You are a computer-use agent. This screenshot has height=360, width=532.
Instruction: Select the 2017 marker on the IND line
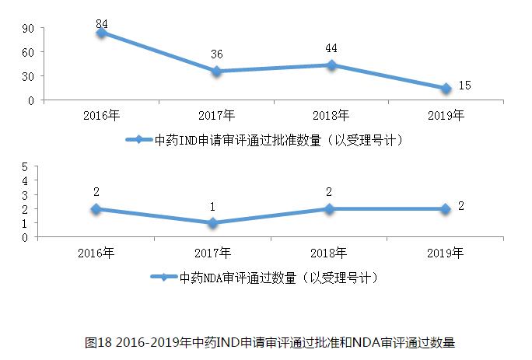(x=216, y=72)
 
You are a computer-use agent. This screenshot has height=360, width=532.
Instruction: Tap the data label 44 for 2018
(x=331, y=48)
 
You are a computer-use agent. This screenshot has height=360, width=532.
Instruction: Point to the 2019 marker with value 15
(x=446, y=89)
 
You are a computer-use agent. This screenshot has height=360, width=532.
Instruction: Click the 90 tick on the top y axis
(x=27, y=29)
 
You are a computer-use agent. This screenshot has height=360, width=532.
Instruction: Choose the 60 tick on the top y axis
(x=27, y=52)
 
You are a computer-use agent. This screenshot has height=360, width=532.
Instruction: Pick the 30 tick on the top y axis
(x=27, y=76)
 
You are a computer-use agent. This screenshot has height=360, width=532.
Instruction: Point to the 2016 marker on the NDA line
(x=96, y=208)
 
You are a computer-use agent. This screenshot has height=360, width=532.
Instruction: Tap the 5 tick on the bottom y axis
(x=26, y=166)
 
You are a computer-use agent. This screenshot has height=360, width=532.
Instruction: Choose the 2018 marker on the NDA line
(x=331, y=208)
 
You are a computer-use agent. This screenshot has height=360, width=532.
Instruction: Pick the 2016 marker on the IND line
(x=101, y=33)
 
